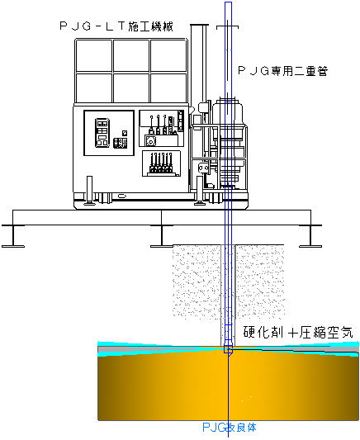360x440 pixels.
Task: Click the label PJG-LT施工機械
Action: click(116, 26)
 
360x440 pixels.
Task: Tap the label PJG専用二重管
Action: click(283, 71)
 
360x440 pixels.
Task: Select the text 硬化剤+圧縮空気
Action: click(298, 332)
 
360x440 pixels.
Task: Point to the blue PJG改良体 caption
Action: click(230, 428)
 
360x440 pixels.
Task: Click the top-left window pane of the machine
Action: click(94, 55)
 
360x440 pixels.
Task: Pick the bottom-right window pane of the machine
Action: click(168, 88)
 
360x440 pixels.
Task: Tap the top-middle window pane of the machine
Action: click(131, 55)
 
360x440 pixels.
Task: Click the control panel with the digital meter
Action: click(109, 133)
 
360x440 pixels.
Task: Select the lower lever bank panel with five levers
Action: click(161, 163)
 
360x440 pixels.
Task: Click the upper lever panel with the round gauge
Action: click(162, 128)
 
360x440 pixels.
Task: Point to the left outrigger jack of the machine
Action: click(89, 190)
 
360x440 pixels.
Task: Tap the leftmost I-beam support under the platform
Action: click(13, 236)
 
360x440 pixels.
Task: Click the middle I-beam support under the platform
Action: click(162, 236)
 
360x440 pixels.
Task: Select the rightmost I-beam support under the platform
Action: click(310, 236)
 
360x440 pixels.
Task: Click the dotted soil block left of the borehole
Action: click(197, 281)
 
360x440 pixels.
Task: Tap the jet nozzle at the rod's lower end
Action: click(228, 350)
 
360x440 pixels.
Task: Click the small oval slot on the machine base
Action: click(121, 196)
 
